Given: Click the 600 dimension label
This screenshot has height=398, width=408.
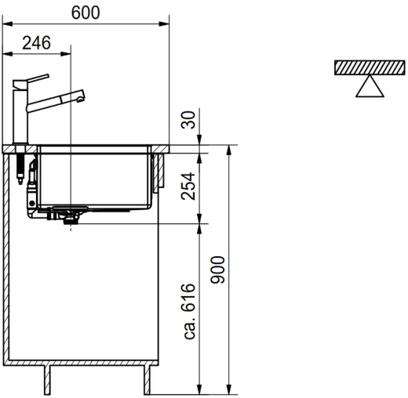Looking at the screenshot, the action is [x=86, y=13].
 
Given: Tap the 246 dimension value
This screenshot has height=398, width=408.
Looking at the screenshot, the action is [x=36, y=43].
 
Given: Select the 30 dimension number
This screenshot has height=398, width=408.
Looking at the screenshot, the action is [x=188, y=120].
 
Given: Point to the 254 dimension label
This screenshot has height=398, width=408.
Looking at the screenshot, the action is [x=188, y=186].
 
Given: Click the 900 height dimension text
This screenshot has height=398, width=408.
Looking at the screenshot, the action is [x=217, y=270].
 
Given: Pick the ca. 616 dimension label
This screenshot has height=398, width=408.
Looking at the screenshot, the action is [x=188, y=311].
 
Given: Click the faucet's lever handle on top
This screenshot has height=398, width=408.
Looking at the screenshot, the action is [x=31, y=81].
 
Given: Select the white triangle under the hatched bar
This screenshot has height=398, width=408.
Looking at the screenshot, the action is [x=370, y=87].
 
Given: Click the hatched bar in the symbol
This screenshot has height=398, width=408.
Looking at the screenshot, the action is [x=370, y=67].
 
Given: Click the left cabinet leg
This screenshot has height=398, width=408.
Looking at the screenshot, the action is [x=47, y=379].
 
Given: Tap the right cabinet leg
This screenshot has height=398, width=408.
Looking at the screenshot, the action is [x=148, y=379].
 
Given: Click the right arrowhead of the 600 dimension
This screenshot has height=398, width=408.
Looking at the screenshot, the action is [x=164, y=24].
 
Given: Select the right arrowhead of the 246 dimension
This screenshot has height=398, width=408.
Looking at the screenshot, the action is [x=66, y=54].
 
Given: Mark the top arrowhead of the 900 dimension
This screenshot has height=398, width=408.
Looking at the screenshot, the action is [x=229, y=150].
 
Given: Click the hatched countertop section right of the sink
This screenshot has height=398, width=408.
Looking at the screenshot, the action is [x=160, y=149].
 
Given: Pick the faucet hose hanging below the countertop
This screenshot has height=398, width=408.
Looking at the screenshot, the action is [x=20, y=168].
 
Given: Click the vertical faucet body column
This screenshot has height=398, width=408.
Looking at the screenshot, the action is [x=20, y=116].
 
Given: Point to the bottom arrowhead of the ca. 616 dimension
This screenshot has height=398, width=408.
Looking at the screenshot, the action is [x=199, y=389].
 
